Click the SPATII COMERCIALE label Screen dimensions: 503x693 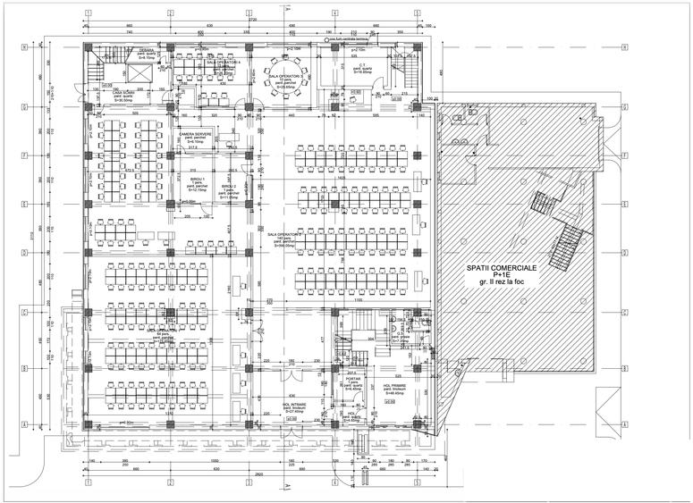[x=507, y=267]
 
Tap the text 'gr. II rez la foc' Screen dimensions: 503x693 [x=507, y=283]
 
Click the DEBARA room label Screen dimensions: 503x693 [x=145, y=51]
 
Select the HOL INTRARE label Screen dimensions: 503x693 [x=294, y=406]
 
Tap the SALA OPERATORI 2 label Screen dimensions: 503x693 [x=285, y=235]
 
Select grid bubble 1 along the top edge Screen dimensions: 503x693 [x=88, y=13]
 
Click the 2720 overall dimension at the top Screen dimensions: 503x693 [x=252, y=18]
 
